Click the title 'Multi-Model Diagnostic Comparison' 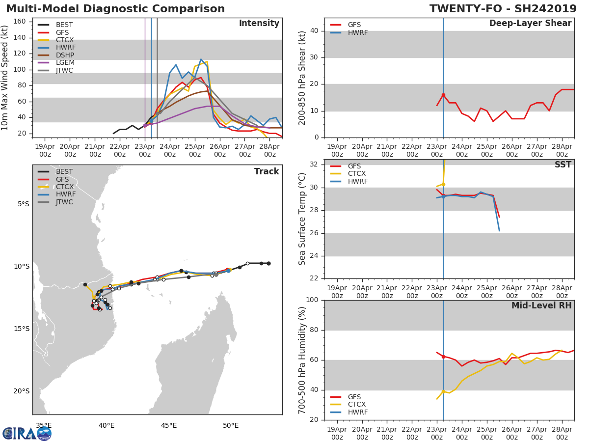coord(115,9)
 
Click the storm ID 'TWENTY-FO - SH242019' coord(503,9)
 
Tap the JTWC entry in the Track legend coord(64,202)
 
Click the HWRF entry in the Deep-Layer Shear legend coord(357,33)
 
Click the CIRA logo coord(27,433)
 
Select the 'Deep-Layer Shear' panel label coord(530,24)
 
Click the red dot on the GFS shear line coord(443,95)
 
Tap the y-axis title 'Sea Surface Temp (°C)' coord(302,219)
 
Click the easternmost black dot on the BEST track coord(268,264)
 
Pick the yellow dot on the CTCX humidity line coord(443,391)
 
